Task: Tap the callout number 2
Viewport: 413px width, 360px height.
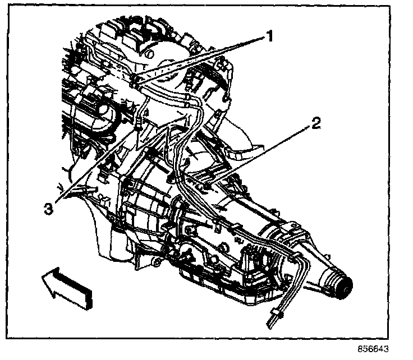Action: tap(316, 124)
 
